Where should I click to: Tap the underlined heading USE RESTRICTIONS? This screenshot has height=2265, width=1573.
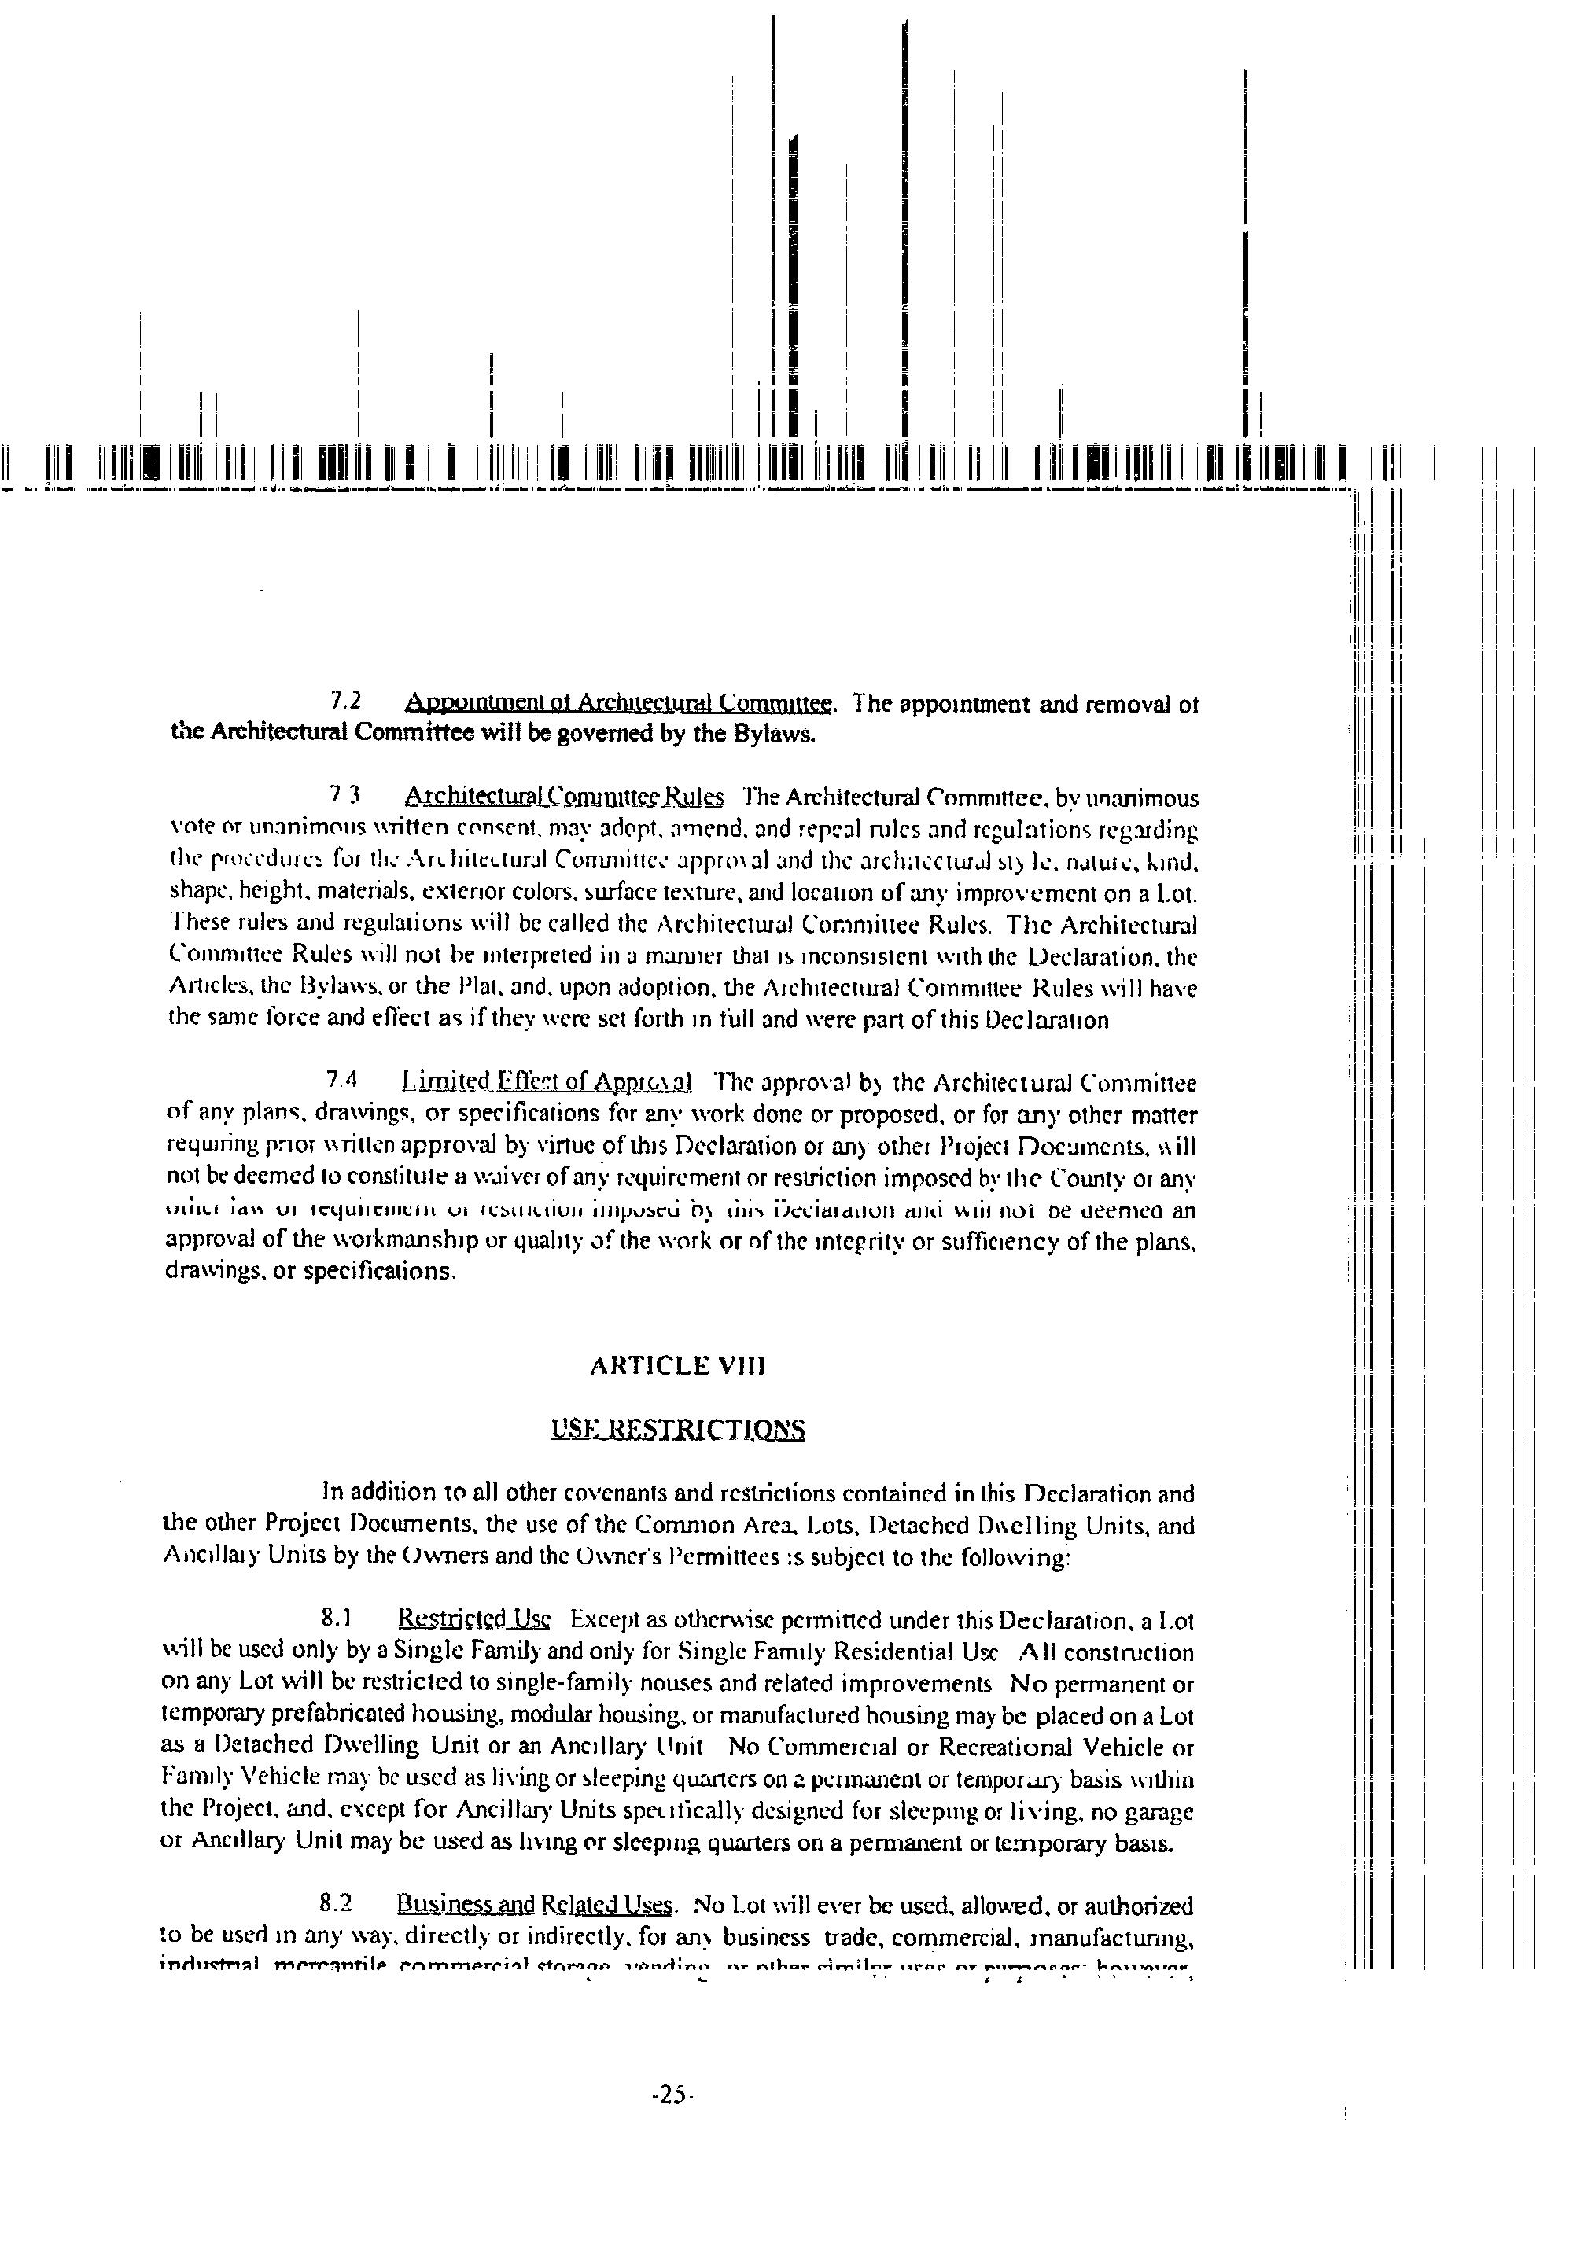point(678,1429)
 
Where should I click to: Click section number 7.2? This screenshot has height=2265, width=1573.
point(346,702)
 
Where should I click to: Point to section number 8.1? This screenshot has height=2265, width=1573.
point(336,1619)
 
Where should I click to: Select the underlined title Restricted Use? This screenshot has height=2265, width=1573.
point(474,1619)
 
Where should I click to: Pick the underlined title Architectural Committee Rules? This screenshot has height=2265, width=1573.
point(565,797)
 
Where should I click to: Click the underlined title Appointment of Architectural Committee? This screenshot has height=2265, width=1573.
point(620,703)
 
